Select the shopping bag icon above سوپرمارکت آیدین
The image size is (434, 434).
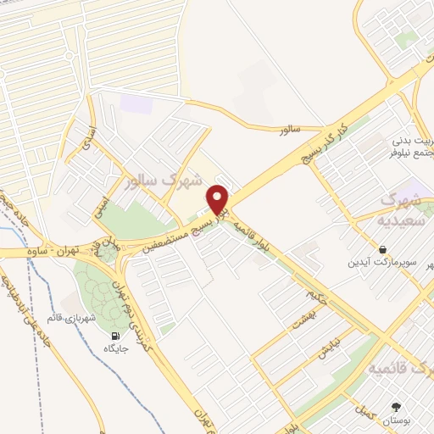383,249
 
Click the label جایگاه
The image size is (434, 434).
112,348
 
